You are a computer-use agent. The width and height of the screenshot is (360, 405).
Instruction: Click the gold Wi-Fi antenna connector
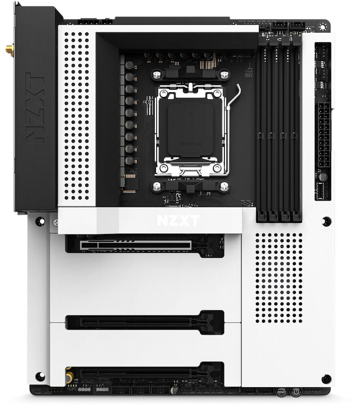(9, 50)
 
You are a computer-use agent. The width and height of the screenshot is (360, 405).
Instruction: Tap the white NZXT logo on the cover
(178, 221)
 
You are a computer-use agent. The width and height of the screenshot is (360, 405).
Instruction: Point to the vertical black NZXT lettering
(34, 108)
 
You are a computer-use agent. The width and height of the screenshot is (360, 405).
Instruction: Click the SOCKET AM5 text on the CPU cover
(191, 144)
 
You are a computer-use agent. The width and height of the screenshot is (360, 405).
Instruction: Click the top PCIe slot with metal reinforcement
(136, 245)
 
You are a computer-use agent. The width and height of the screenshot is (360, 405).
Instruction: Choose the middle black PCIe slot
(144, 322)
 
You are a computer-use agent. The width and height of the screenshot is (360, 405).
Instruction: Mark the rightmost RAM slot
(297, 126)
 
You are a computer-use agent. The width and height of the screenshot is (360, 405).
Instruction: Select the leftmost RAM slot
(261, 126)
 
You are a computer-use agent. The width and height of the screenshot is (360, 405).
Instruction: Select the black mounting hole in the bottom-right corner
(326, 379)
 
